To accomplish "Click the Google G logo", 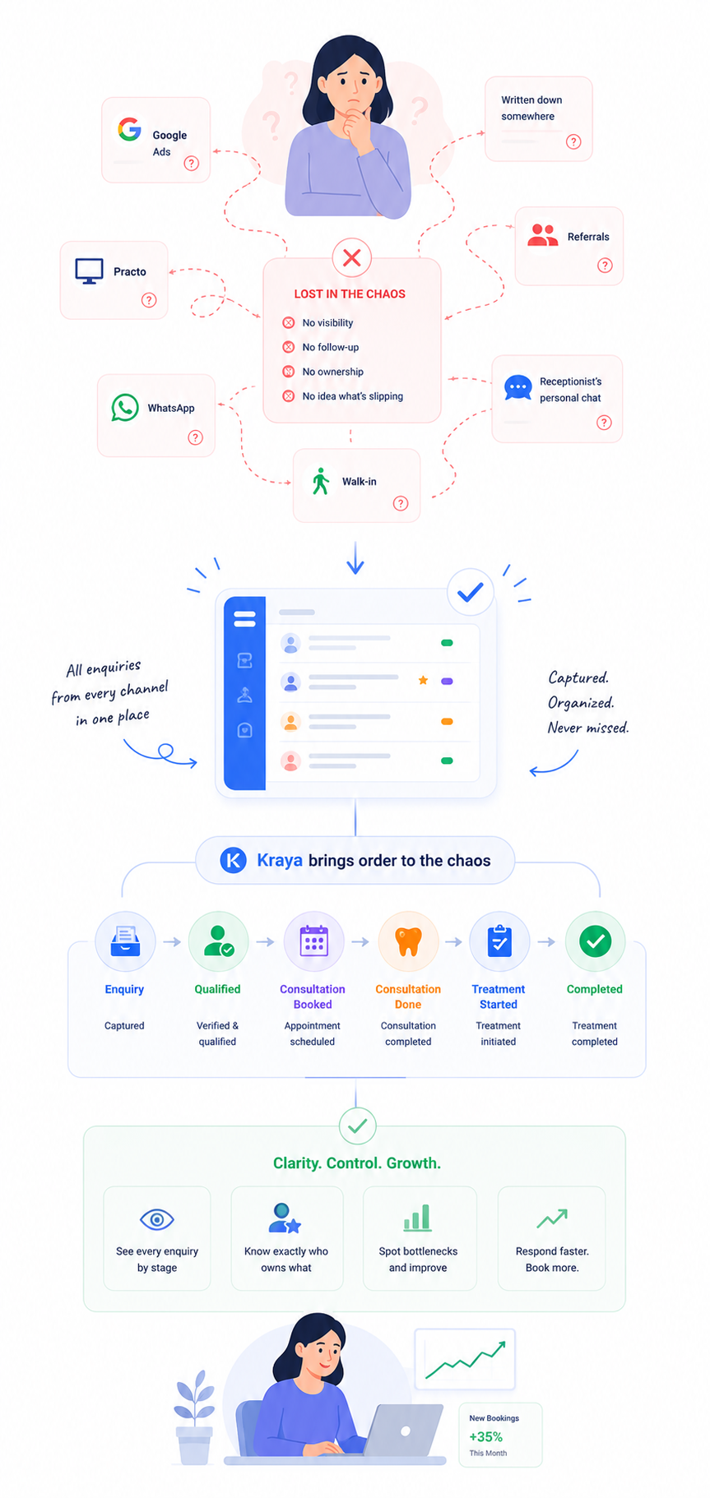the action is click(129, 129).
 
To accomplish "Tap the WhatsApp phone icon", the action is click(125, 408).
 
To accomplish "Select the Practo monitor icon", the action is click(89, 270).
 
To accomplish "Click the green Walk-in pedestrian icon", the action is click(321, 481).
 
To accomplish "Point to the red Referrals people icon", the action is click(543, 235).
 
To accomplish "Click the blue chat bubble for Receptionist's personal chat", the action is click(517, 387).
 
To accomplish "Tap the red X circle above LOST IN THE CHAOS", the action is click(352, 257).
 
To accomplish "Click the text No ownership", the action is click(332, 372).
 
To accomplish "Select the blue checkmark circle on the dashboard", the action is click(471, 592).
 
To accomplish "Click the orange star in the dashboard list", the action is click(423, 680).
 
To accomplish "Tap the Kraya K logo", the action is click(234, 861).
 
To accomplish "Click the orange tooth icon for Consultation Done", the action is click(408, 941).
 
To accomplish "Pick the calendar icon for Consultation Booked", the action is click(313, 941).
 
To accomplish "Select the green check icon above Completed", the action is click(595, 941).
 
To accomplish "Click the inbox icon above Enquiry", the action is click(125, 941).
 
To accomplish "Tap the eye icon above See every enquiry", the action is click(156, 1219).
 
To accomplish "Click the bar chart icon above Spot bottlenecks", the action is click(417, 1218).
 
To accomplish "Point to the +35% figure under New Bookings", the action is click(485, 1436).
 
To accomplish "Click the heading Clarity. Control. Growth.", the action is click(357, 1163).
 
